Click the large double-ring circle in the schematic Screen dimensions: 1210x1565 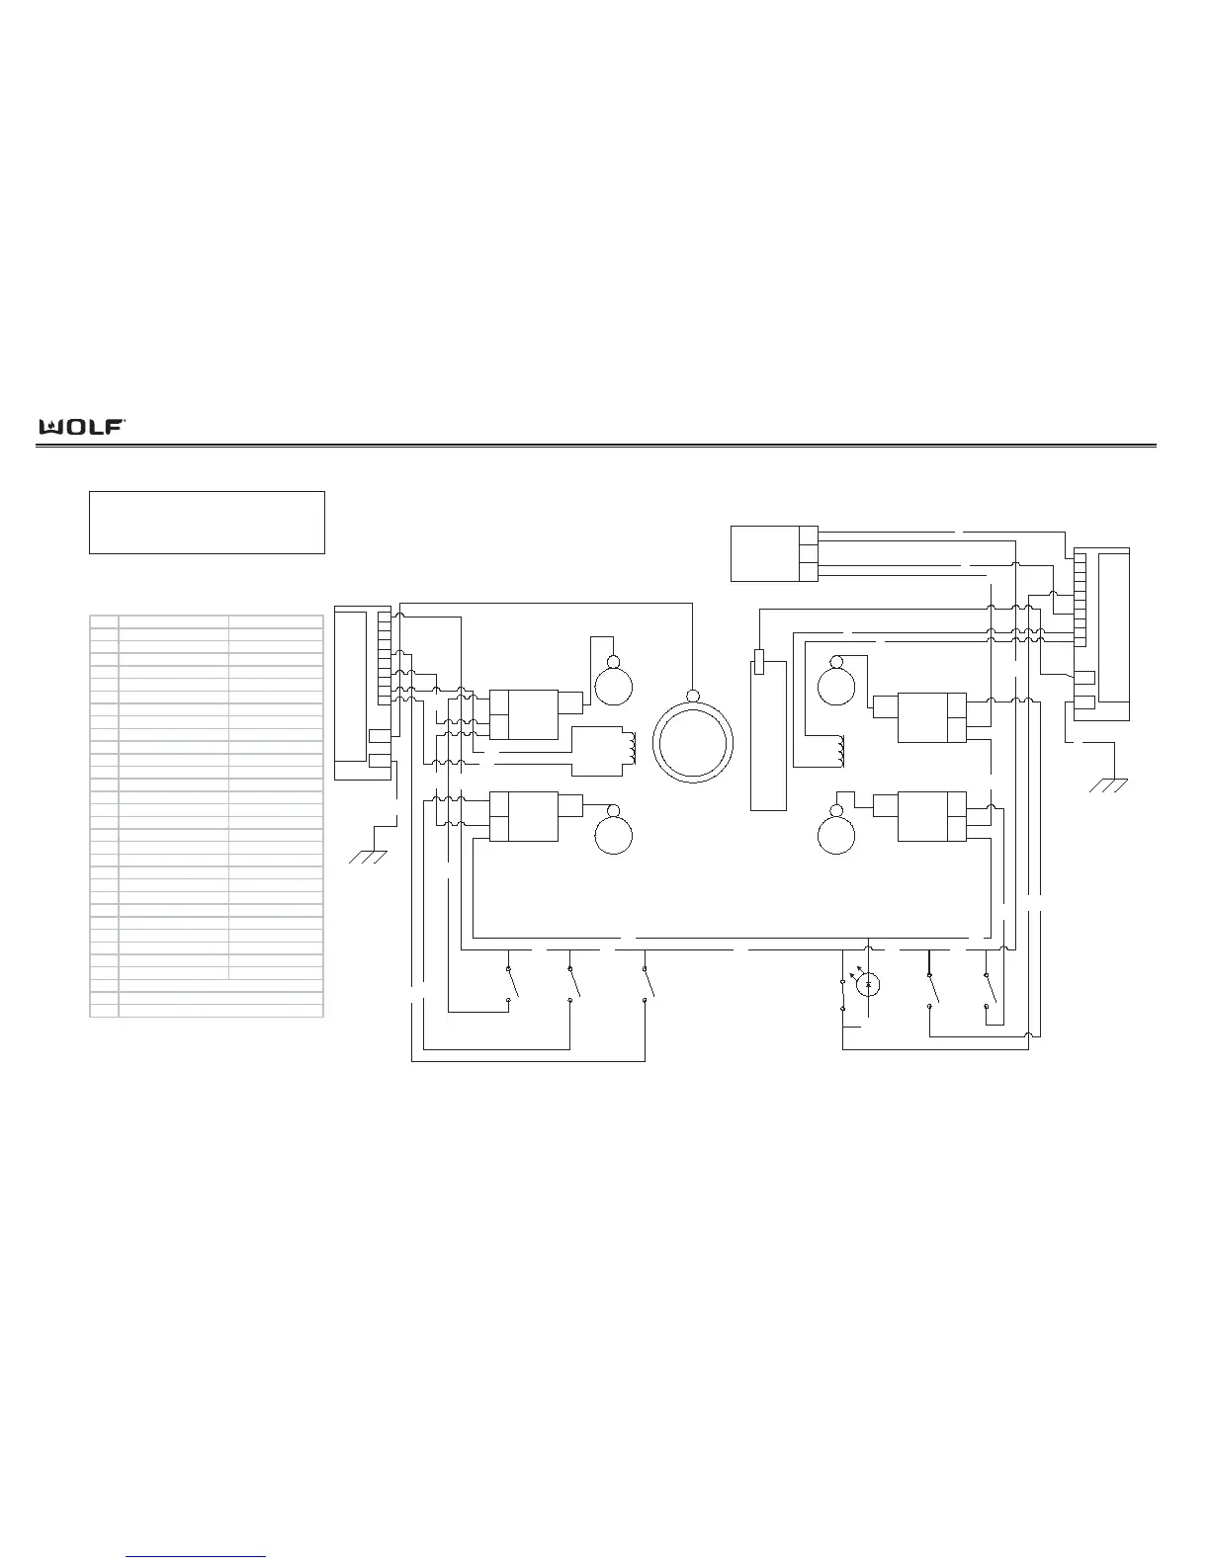693,743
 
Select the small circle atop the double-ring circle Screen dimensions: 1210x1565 693,696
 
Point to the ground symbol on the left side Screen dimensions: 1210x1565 368,857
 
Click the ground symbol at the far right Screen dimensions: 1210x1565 1108,785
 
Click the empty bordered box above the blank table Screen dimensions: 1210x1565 207,523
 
